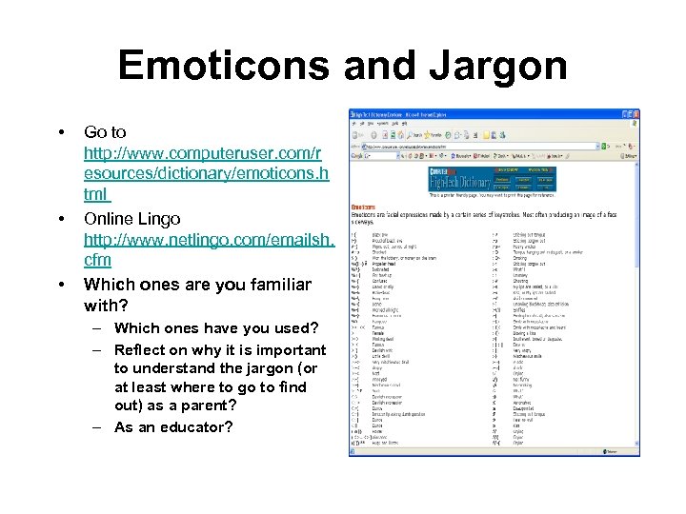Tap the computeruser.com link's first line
pos(203,152)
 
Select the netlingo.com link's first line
pos(209,239)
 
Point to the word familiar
pos(271,284)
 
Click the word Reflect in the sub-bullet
pos(141,350)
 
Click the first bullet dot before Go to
pos(61,132)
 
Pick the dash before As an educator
pos(98,427)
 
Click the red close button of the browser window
pos(634,114)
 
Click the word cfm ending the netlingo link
pos(97,260)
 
